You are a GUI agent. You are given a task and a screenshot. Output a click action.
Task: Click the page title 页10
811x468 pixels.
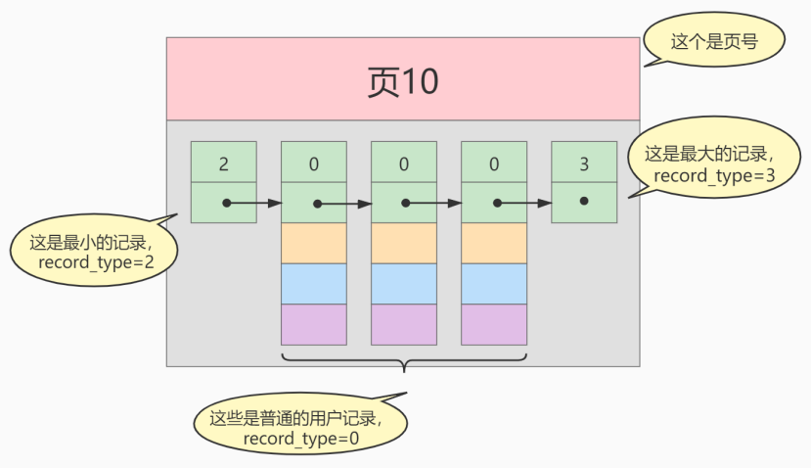point(402,82)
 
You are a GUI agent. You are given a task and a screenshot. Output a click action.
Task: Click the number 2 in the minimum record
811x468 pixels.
point(224,163)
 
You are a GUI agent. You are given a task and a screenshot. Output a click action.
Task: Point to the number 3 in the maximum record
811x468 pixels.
point(584,163)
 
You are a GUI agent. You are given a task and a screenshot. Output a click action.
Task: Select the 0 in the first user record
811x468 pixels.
point(314,163)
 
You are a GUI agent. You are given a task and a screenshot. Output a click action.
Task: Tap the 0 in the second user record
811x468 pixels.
point(404,163)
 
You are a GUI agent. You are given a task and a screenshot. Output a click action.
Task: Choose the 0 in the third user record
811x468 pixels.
point(494,163)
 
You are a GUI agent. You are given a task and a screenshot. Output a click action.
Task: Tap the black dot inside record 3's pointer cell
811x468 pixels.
point(584,201)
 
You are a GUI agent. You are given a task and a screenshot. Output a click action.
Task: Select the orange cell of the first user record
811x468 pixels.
point(314,243)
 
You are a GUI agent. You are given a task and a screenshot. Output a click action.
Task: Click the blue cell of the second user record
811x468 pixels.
point(404,284)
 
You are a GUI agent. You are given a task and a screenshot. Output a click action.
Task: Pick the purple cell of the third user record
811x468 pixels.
point(494,325)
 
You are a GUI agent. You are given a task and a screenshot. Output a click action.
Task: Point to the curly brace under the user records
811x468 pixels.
point(404,363)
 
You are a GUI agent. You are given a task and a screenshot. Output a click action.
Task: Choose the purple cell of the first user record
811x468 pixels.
point(314,325)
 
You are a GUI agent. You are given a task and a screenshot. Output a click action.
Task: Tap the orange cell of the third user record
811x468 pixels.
point(494,243)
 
